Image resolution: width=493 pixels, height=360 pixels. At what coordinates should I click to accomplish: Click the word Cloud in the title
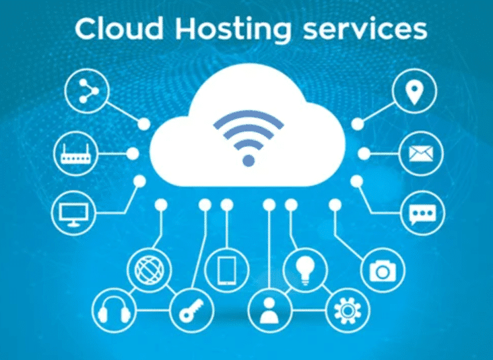tap(119, 28)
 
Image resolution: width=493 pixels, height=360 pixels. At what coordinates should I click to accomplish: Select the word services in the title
tap(365, 30)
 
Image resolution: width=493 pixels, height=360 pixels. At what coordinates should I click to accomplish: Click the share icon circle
tap(87, 91)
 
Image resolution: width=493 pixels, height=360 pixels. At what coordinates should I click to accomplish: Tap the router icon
tap(76, 154)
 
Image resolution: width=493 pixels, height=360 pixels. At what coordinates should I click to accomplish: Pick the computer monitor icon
tap(73, 214)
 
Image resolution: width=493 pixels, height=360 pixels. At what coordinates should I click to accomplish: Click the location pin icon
tap(414, 91)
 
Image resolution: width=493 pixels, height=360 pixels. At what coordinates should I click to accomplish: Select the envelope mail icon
tap(421, 154)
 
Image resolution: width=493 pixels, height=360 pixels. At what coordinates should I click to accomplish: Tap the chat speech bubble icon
tap(422, 214)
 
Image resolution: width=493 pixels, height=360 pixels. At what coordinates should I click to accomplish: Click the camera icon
tap(383, 270)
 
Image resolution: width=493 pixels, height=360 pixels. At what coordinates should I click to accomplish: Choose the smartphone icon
tap(227, 270)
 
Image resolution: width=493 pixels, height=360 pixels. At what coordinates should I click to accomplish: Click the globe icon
tap(150, 270)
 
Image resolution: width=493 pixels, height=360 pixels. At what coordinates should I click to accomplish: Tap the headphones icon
tap(114, 310)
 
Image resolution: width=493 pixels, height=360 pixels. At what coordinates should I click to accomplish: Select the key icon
tap(191, 310)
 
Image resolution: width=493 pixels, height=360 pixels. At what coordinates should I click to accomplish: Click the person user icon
tap(269, 310)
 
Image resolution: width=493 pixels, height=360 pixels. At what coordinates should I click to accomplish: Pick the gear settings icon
tap(348, 311)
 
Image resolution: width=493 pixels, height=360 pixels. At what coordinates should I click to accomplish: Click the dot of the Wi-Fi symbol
tap(249, 160)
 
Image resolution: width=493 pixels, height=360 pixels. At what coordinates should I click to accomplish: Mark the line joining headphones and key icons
tap(153, 311)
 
